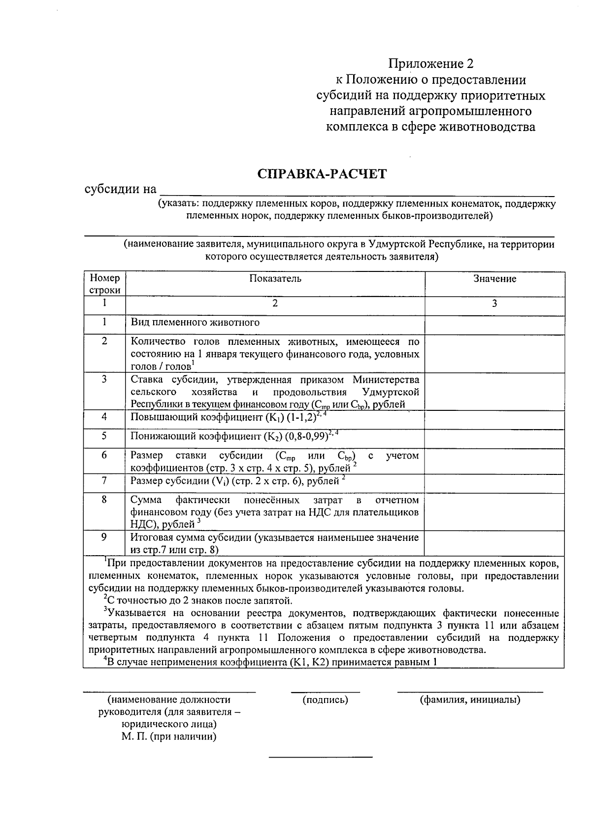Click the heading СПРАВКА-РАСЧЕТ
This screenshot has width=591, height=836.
(322, 174)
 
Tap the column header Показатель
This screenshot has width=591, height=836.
(275, 279)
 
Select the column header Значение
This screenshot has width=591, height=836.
(494, 279)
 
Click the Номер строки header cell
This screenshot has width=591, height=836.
(104, 284)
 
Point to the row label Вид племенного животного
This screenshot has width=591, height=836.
(195, 323)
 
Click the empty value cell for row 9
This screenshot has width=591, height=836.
(494, 543)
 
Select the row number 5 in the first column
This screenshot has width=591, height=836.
(104, 436)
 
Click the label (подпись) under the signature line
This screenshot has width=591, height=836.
(325, 700)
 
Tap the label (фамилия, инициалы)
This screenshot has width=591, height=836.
(470, 700)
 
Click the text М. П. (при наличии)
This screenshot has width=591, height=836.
(169, 737)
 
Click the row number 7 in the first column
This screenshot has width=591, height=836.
(104, 480)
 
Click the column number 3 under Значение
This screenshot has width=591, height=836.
(494, 303)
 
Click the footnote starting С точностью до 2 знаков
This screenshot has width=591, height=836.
(198, 601)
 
